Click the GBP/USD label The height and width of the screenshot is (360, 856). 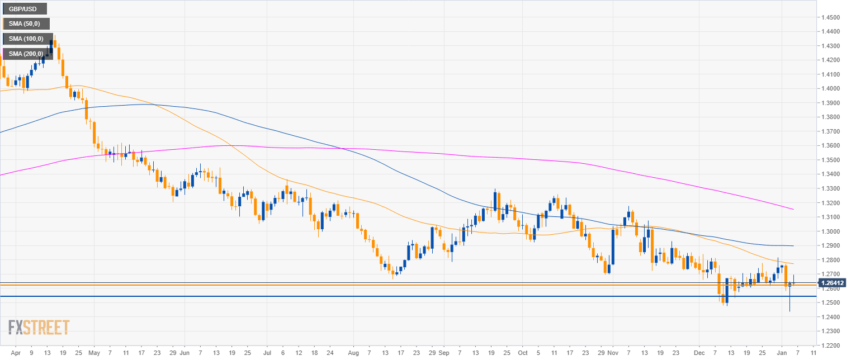click(24, 9)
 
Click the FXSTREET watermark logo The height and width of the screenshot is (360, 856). click(39, 327)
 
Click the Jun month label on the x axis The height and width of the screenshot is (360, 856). click(185, 353)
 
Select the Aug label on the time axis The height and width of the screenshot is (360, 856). click(353, 353)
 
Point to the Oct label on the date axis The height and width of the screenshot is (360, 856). click(523, 353)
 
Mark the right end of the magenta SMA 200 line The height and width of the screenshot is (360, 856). click(793, 209)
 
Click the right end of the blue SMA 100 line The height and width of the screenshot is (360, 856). click(793, 246)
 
